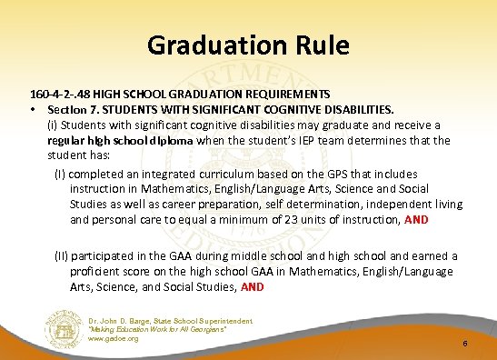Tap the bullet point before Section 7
click(x=34, y=109)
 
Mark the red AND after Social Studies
click(x=253, y=286)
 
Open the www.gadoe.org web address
click(x=114, y=339)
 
